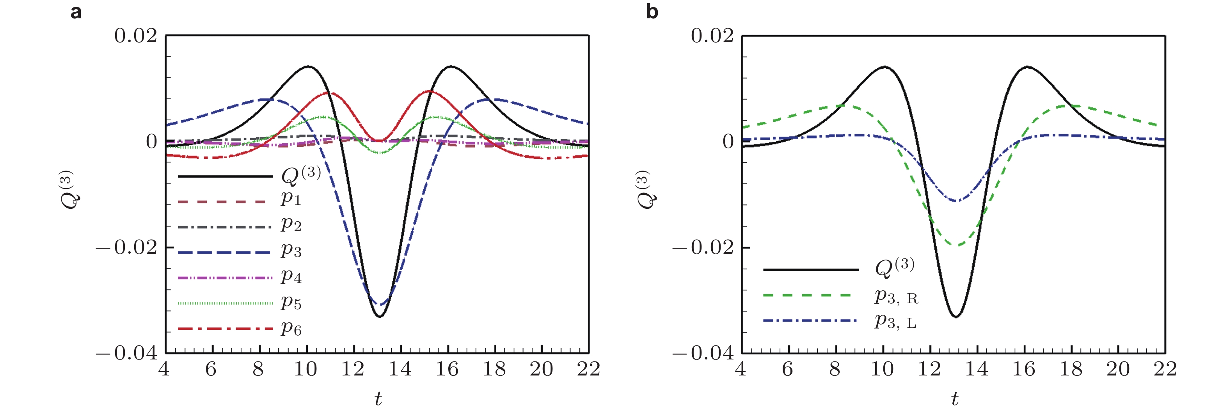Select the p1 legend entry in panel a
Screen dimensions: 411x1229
click(291, 199)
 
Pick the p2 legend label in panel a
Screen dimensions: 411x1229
click(291, 224)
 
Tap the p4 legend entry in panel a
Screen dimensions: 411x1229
click(291, 276)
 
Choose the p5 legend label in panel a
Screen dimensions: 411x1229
click(291, 302)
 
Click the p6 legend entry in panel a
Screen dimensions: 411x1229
click(291, 328)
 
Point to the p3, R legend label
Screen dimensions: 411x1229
click(896, 297)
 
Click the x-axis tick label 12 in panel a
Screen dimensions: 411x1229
click(353, 369)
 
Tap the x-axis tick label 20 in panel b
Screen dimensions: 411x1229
click(1118, 369)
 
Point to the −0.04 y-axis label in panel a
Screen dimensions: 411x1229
click(127, 354)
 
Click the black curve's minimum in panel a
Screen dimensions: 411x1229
click(379, 317)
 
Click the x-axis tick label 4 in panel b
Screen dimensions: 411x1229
click(741, 369)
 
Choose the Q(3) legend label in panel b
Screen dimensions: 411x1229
click(895, 267)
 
